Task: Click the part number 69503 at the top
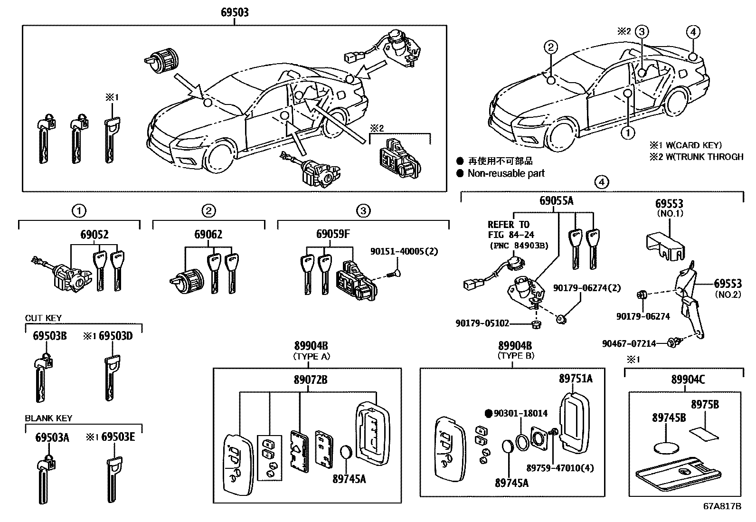[235, 12]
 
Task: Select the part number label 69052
[94, 234]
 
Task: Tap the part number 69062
[208, 234]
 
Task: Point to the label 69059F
[333, 234]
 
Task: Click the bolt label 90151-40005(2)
[404, 251]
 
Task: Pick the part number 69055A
[556, 200]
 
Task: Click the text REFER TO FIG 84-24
[511, 229]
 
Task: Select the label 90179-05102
[482, 323]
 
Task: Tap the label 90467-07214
[629, 344]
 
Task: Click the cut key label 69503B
[49, 336]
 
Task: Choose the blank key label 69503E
[118, 437]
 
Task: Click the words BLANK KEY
[48, 418]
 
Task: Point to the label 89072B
[311, 380]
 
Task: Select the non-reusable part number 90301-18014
[520, 413]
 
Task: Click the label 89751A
[576, 379]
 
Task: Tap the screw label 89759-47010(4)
[560, 468]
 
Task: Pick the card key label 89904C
[688, 380]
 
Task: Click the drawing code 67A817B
[722, 506]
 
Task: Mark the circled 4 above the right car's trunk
[693, 32]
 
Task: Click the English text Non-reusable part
[506, 173]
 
